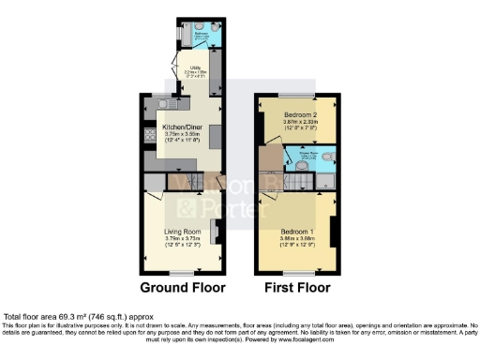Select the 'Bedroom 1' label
pyautogui.click(x=297, y=232)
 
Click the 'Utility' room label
pyautogui.click(x=197, y=67)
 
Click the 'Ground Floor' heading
pyautogui.click(x=182, y=287)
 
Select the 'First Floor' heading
pyautogui.click(x=295, y=287)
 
